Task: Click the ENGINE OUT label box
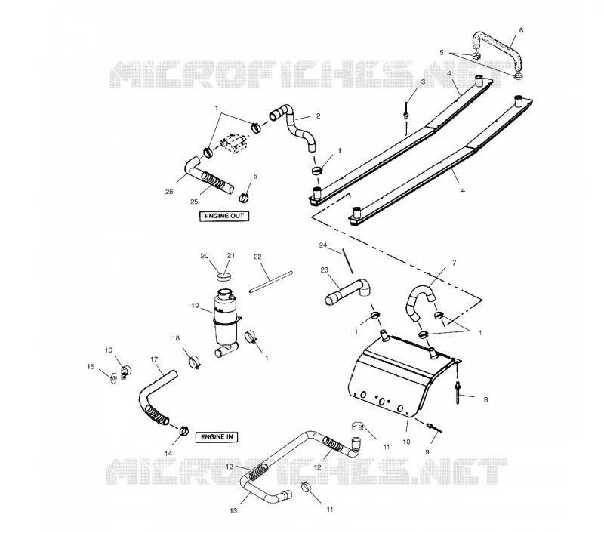click(224, 216)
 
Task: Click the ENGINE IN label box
click(217, 437)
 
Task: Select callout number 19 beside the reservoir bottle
click(195, 306)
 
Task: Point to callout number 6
click(521, 30)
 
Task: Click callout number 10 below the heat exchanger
click(406, 442)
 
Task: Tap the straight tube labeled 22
click(271, 282)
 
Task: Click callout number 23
click(325, 270)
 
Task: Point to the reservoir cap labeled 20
click(224, 276)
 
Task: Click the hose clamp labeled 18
click(195, 362)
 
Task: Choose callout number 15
click(91, 367)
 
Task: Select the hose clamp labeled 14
click(183, 430)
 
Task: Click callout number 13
click(233, 510)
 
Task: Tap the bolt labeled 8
click(458, 393)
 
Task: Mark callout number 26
click(169, 192)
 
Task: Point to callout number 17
click(154, 359)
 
